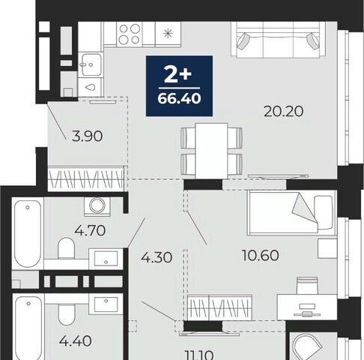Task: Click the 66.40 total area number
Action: [x=179, y=98]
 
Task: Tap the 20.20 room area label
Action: [x=284, y=111]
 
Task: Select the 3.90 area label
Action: [x=87, y=136]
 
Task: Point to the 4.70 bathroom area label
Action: [x=90, y=230]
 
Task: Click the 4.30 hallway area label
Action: [x=157, y=257]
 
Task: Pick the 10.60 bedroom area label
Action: [x=261, y=255]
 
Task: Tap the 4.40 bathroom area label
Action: [x=76, y=341]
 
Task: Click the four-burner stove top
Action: [x=130, y=34]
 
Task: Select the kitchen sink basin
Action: [x=91, y=64]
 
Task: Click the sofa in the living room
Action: [x=279, y=40]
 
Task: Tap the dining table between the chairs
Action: [x=211, y=151]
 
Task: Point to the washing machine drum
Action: [x=97, y=205]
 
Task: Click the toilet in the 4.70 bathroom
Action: [x=67, y=248]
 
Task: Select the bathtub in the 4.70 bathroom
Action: [x=28, y=233]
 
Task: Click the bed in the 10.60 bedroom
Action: [x=291, y=212]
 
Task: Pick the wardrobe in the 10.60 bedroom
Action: [x=219, y=307]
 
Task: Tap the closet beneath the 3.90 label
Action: [x=86, y=178]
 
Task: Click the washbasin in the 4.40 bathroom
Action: [x=106, y=304]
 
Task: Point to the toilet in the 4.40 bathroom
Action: [x=67, y=314]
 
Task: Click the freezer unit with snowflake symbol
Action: [x=168, y=34]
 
